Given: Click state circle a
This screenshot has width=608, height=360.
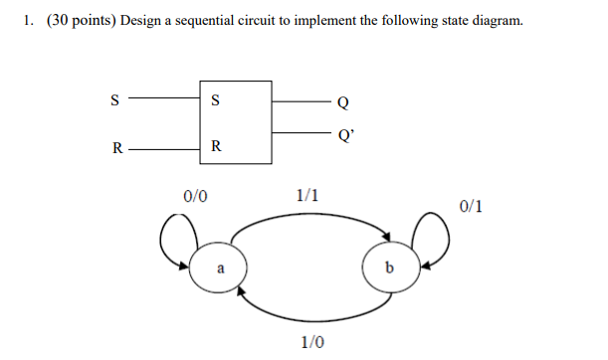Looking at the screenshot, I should point(220,268).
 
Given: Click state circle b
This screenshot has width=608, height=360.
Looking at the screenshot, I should point(389,269).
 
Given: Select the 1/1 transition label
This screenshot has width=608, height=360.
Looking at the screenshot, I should point(308,194).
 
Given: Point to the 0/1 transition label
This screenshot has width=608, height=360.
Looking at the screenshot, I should point(472,206).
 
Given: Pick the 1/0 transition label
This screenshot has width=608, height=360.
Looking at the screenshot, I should point(312,342).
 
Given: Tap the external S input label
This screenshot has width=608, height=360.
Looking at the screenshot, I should point(114,99).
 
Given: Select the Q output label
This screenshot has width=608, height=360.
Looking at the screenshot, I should point(343,101).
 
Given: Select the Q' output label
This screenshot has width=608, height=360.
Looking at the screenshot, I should point(345,132).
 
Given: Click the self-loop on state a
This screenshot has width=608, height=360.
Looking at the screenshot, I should point(171,242).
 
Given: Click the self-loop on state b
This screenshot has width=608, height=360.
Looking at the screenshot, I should point(435,239).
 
